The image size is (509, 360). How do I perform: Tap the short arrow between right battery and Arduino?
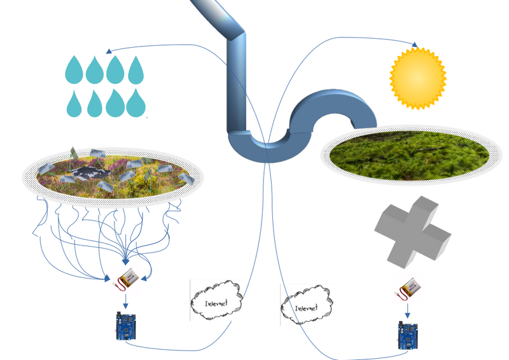405,310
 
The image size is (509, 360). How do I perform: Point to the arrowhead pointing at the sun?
416,45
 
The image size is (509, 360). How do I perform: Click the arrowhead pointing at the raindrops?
109,50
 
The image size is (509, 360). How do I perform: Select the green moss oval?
407,153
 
